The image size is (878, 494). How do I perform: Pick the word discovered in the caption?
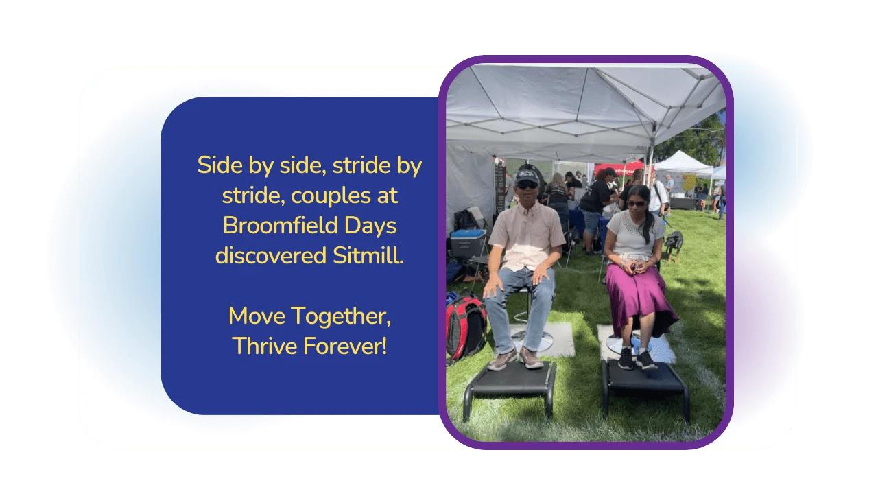(271, 256)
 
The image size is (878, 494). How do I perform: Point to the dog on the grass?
(674, 244)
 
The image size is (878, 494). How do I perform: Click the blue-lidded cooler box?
(468, 244)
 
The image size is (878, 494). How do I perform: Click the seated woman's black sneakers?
(637, 359)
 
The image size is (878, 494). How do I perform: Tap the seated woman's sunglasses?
(635, 204)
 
